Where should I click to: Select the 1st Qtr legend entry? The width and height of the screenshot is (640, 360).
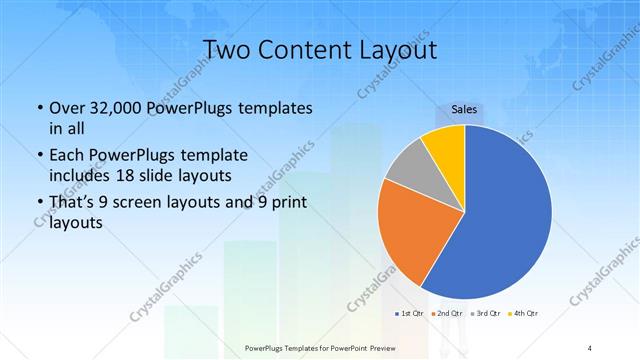[x=411, y=314]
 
